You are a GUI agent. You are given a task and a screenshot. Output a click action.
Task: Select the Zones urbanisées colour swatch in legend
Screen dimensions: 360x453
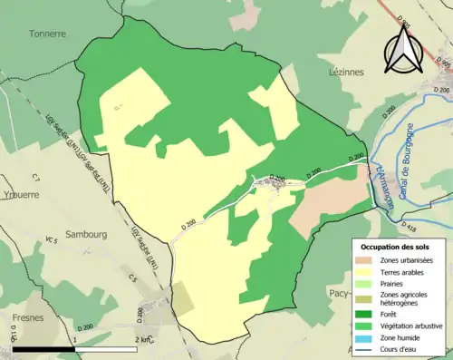click(x=363, y=260)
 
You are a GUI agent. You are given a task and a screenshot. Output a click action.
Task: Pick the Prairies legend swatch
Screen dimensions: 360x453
click(x=363, y=282)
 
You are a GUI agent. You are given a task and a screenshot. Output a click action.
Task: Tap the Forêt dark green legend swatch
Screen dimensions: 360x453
click(x=363, y=315)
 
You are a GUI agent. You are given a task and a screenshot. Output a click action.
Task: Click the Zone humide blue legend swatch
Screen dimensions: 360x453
click(x=363, y=336)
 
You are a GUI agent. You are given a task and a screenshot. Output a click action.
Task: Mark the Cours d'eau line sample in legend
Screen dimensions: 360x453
click(x=363, y=347)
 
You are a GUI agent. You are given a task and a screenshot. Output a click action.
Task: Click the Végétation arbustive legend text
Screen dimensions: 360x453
click(x=410, y=326)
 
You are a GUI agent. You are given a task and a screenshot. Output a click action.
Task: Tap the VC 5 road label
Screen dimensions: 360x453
click(x=51, y=240)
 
